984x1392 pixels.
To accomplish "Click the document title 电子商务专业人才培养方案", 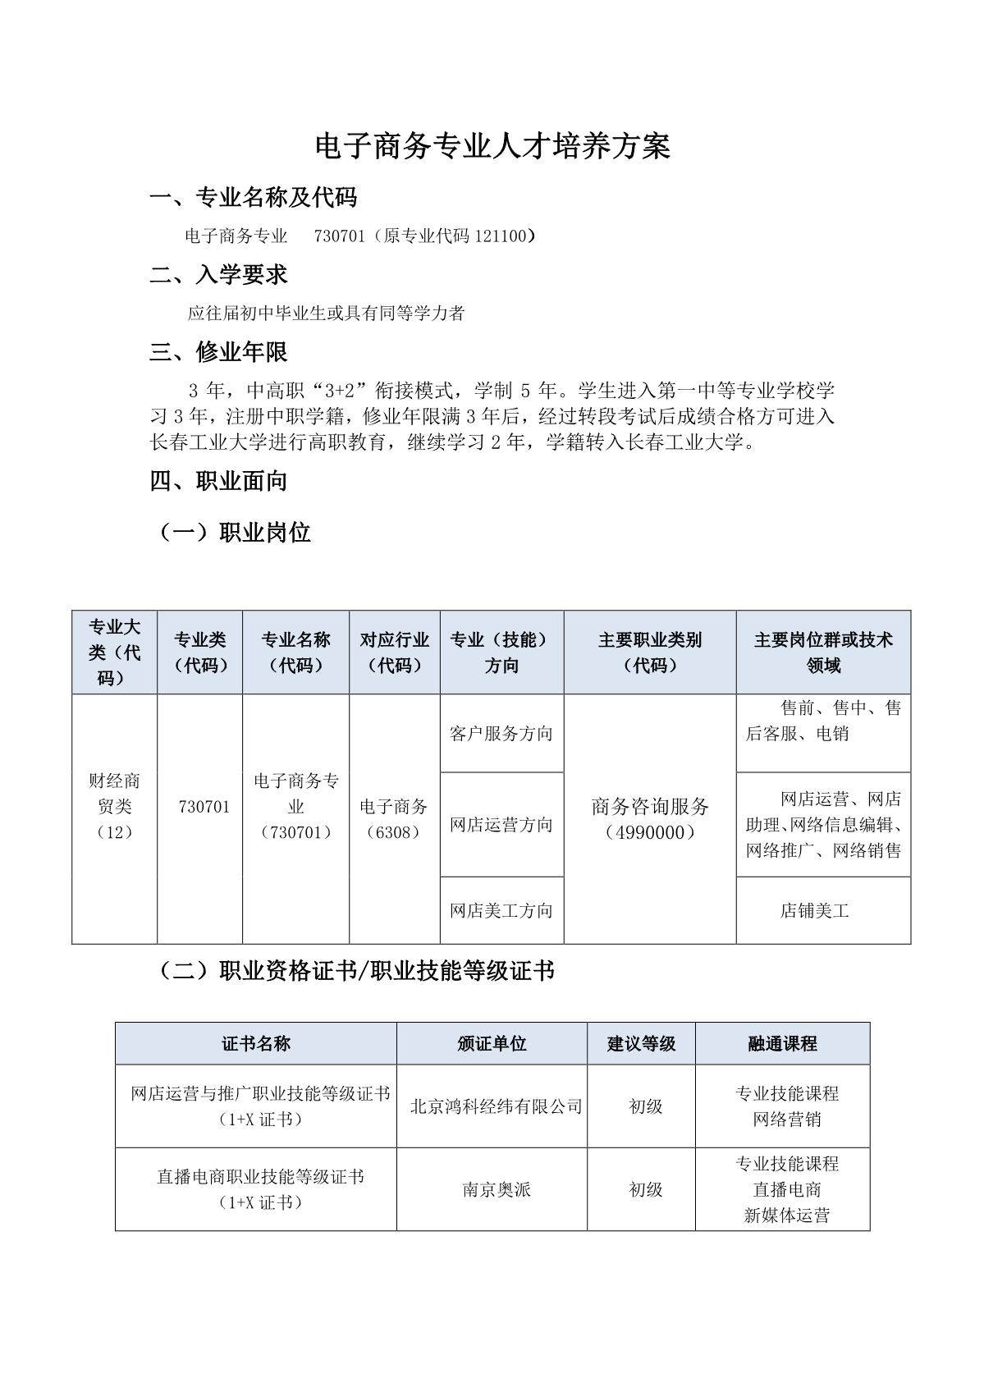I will pyautogui.click(x=493, y=146).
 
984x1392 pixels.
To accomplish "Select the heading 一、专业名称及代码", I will pyautogui.click(x=254, y=197).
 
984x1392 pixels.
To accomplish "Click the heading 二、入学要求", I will pyautogui.click(x=219, y=274).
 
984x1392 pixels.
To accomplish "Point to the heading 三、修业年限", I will pyautogui.click(x=219, y=352).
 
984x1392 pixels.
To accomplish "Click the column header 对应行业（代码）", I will pyautogui.click(x=395, y=652).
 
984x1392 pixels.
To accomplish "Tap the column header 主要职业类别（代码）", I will pyautogui.click(x=649, y=652).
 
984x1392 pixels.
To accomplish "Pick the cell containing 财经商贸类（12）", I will pyautogui.click(x=114, y=806).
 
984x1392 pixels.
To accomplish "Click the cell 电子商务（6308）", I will pyautogui.click(x=395, y=818).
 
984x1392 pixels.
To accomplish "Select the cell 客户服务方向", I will pyautogui.click(x=501, y=733).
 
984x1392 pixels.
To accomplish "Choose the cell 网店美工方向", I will pyautogui.click(x=501, y=910).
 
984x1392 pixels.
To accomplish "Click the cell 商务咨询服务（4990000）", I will pyautogui.click(x=649, y=818).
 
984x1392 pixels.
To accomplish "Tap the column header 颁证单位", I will pyautogui.click(x=492, y=1043).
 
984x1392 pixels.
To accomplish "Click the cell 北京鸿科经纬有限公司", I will pyautogui.click(x=496, y=1106).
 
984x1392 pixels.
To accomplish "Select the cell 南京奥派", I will pyautogui.click(x=496, y=1189).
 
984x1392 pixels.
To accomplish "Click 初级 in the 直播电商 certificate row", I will pyautogui.click(x=645, y=1189).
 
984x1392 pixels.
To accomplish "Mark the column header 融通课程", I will pyautogui.click(x=782, y=1043).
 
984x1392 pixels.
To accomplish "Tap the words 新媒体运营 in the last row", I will pyautogui.click(x=786, y=1216).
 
